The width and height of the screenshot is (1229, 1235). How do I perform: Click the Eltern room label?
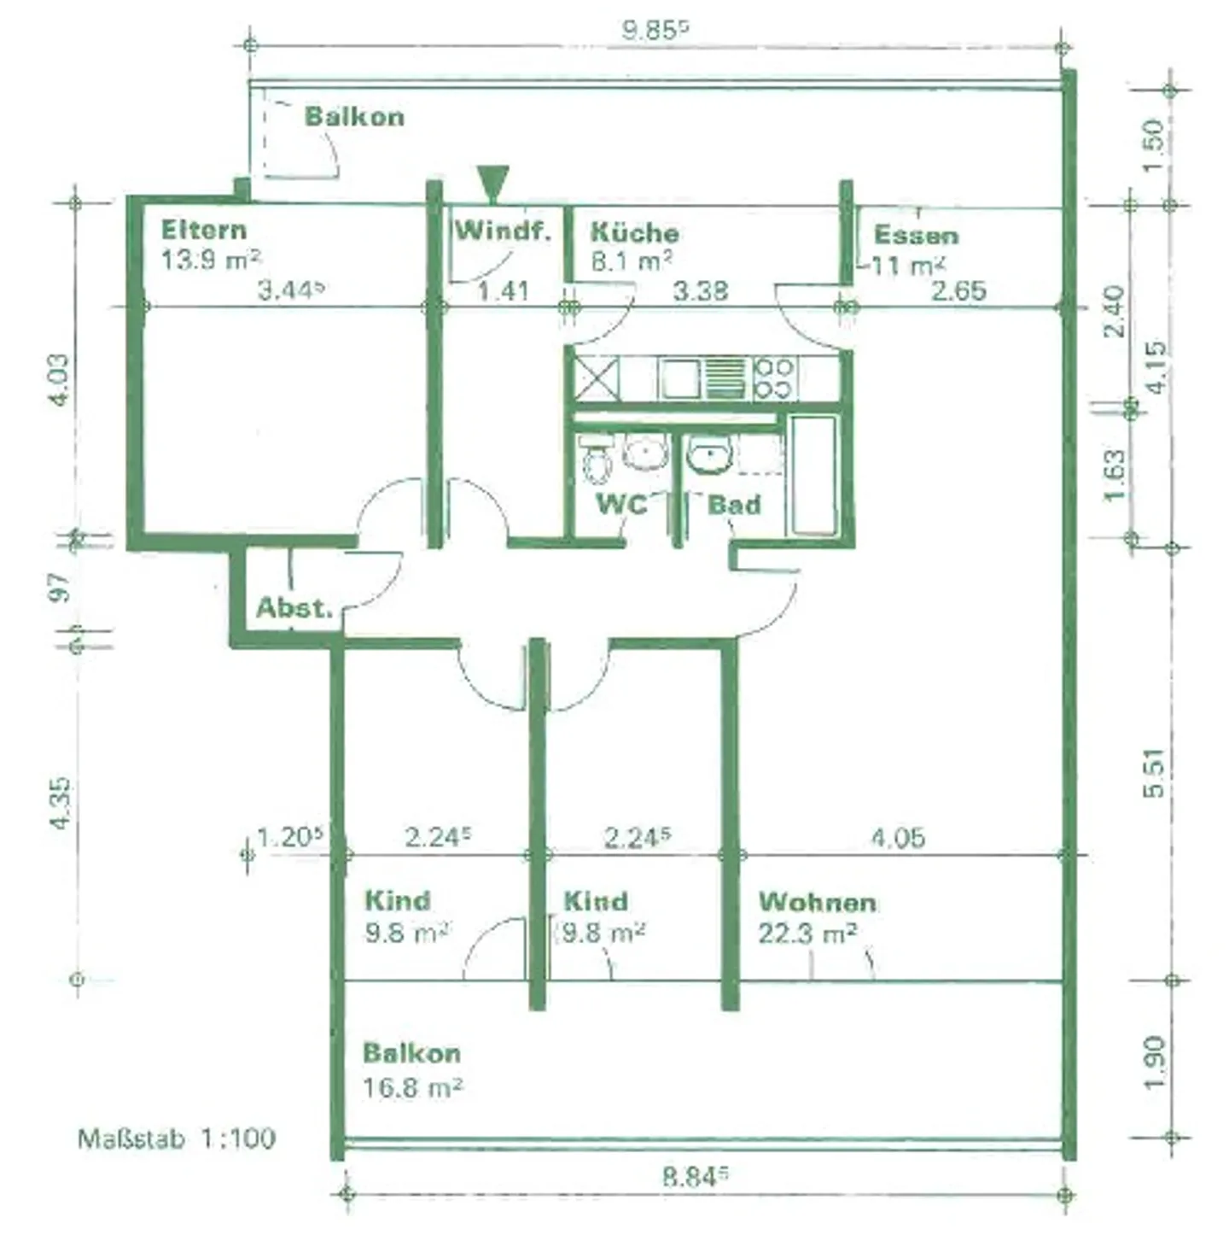(x=204, y=230)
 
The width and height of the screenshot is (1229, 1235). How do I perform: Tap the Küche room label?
(x=634, y=232)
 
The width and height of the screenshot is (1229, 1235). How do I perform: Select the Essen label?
(x=916, y=235)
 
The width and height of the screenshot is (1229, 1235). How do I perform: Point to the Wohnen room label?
(x=817, y=903)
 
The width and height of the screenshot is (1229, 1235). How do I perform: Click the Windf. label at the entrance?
(x=503, y=230)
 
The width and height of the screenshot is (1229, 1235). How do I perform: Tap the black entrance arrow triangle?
(x=492, y=184)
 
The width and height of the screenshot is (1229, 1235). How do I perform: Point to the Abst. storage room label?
(x=294, y=607)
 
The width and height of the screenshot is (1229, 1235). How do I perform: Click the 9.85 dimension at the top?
(x=655, y=30)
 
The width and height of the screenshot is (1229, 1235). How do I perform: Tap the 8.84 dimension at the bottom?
(x=696, y=1177)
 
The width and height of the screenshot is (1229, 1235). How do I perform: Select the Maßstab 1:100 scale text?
(x=177, y=1138)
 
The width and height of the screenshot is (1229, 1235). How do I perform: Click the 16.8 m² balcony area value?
(x=412, y=1087)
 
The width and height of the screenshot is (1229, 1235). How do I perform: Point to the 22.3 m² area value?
(x=807, y=934)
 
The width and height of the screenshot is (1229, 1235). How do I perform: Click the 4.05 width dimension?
(x=898, y=838)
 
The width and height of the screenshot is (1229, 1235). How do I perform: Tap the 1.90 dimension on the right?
(x=1153, y=1062)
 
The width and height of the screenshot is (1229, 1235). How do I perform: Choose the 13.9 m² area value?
(x=211, y=260)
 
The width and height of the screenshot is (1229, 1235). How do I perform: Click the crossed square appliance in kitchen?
(x=596, y=378)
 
